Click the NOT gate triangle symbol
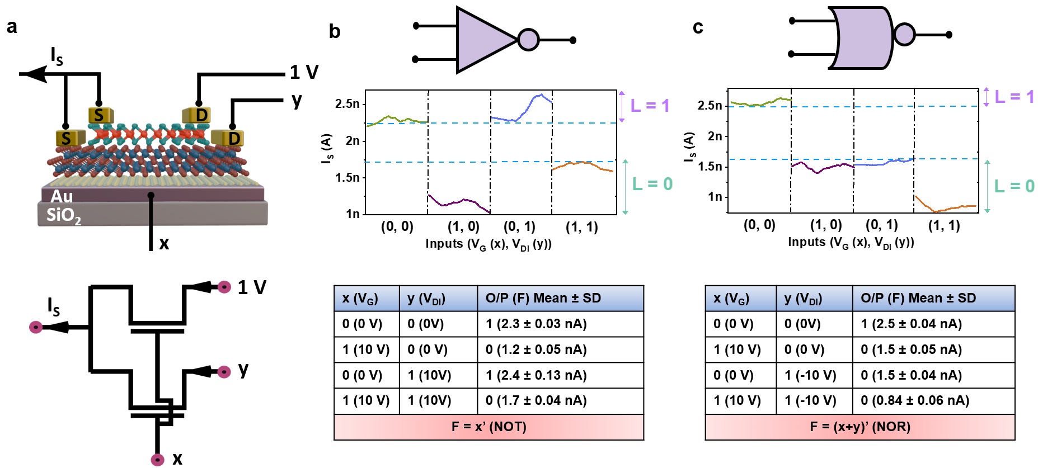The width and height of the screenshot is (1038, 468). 482,40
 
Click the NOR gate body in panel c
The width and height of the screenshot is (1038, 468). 862,37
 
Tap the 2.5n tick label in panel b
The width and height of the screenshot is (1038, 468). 347,104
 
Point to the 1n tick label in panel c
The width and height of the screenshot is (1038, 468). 715,197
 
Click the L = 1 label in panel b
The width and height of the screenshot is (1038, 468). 650,106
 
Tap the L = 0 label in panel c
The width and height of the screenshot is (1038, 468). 1014,186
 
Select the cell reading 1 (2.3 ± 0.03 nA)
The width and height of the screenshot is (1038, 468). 536,324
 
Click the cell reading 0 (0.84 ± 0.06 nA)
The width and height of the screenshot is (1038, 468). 915,400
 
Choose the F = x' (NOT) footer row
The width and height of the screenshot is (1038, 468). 489,427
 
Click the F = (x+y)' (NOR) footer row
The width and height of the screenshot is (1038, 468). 859,427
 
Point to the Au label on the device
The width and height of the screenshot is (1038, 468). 62,196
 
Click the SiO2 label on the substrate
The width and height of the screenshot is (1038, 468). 63,215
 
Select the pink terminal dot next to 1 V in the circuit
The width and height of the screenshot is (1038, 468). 224,287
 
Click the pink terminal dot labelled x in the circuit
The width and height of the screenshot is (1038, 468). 158,460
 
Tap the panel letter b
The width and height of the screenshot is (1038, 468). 335,31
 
